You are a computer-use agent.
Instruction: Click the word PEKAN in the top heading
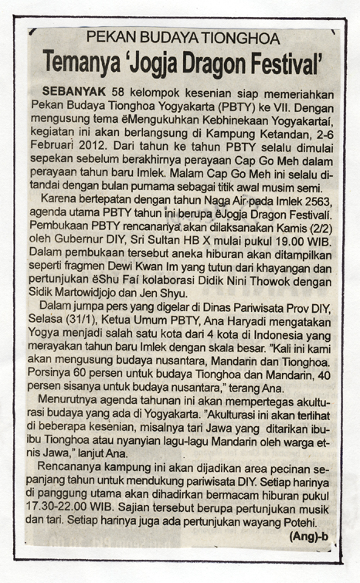click(x=107, y=37)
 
